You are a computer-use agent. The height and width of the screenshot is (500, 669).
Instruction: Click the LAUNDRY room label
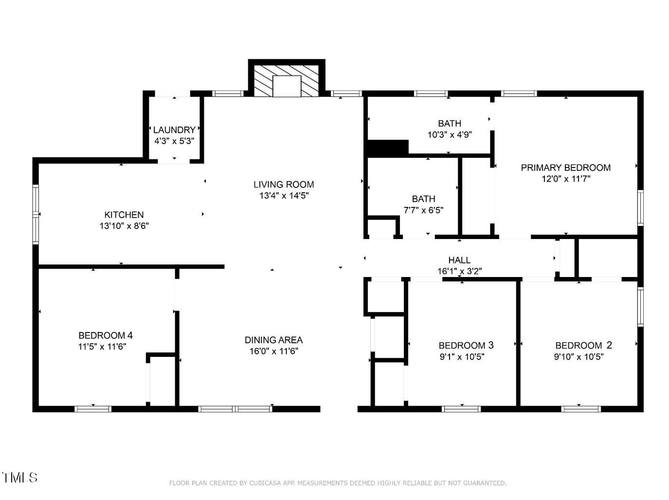tap(174, 130)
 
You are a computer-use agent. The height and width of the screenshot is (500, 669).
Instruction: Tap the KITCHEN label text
tap(124, 215)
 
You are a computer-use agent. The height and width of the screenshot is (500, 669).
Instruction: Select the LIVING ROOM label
tap(284, 185)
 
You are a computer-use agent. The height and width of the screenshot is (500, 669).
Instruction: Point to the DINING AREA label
tap(273, 340)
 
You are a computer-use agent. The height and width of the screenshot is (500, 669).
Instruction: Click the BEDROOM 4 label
tap(106, 335)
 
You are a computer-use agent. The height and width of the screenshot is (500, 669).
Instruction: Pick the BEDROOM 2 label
tap(583, 346)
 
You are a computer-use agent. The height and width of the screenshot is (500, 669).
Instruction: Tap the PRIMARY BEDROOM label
tap(565, 167)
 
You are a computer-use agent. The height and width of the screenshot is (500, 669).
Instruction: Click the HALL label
tap(459, 260)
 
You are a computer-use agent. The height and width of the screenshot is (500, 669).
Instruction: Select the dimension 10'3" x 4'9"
tap(449, 135)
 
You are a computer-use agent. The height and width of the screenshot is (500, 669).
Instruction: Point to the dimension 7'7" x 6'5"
tap(423, 210)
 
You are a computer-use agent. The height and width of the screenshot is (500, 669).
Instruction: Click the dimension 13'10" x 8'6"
tap(124, 226)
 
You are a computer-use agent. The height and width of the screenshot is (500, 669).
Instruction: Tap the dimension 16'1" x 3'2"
tap(459, 271)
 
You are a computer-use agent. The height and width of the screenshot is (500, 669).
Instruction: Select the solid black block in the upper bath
tap(388, 148)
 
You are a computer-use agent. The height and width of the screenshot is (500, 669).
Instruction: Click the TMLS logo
tap(20, 477)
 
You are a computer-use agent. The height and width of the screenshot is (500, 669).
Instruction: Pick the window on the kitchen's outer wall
tap(36, 214)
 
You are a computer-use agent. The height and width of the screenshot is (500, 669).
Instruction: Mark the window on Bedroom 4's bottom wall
tap(93, 409)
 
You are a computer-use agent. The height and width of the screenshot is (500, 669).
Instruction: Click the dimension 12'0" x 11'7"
tap(565, 179)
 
